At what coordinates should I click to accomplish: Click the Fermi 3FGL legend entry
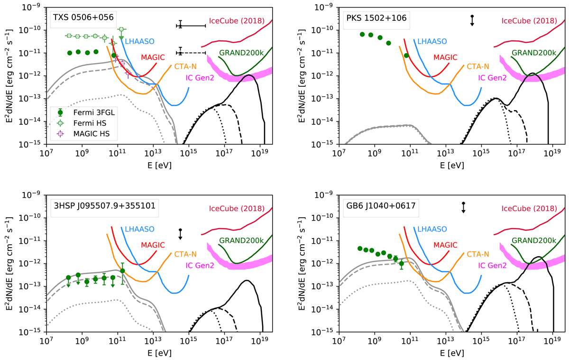85,113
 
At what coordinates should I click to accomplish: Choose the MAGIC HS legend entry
85,134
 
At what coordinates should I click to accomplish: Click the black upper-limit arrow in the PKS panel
472,21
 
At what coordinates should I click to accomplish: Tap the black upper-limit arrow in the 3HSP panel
180,234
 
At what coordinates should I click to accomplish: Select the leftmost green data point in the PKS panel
362,34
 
